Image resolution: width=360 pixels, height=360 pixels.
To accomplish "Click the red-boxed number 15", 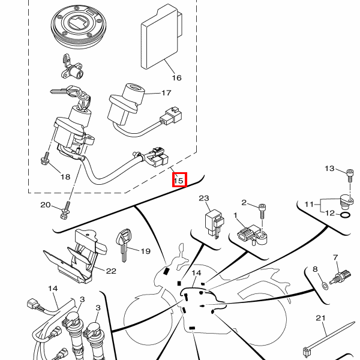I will (x=179, y=179).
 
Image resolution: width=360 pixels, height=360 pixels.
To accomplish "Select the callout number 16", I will (x=176, y=77).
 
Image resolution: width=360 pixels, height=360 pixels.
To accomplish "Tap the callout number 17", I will (x=166, y=93).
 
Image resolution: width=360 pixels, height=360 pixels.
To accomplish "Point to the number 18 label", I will (x=65, y=176).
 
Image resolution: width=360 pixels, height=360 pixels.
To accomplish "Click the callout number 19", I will (x=146, y=251).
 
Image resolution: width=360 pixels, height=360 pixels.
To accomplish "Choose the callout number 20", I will (x=46, y=205).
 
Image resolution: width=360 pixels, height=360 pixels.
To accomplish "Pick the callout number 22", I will (x=110, y=271).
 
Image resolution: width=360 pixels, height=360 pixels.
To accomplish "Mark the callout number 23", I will (x=203, y=198).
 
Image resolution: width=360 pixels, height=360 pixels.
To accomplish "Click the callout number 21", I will (x=320, y=317).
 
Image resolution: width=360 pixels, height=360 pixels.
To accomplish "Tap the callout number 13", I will (x=330, y=169).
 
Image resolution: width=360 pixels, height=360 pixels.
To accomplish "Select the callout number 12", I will (x=330, y=212).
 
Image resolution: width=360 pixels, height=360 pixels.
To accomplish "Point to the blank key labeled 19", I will (x=125, y=245).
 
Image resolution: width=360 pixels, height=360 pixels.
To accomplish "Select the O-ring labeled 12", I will (x=346, y=215).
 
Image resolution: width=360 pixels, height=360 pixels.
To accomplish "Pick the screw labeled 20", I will (x=66, y=210).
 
